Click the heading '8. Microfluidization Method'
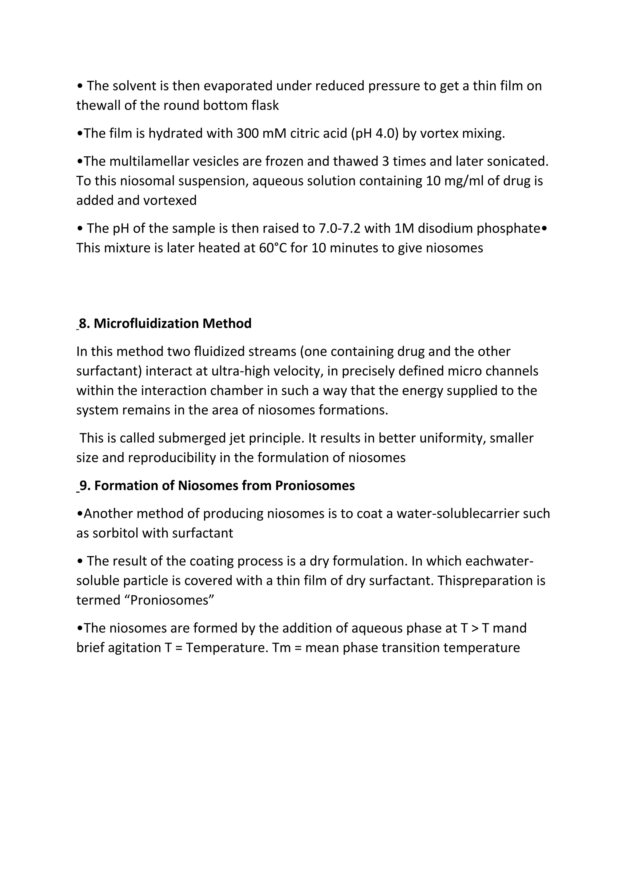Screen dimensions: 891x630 [x=165, y=323]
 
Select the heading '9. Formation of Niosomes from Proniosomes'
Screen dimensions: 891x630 [x=217, y=485]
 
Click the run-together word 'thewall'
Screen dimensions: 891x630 [x=98, y=105]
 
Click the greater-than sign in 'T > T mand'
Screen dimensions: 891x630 [x=475, y=628]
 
